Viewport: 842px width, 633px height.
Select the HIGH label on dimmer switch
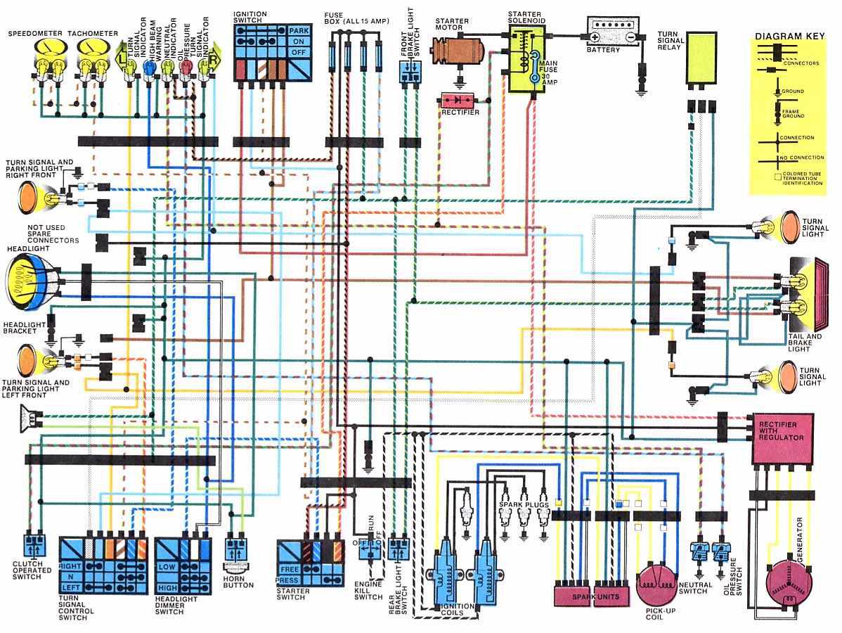(167, 587)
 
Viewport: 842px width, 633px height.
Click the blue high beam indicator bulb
(149, 67)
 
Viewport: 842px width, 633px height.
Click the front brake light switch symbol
(409, 71)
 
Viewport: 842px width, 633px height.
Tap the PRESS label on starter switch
(289, 581)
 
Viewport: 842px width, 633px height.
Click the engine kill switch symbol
(368, 550)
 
